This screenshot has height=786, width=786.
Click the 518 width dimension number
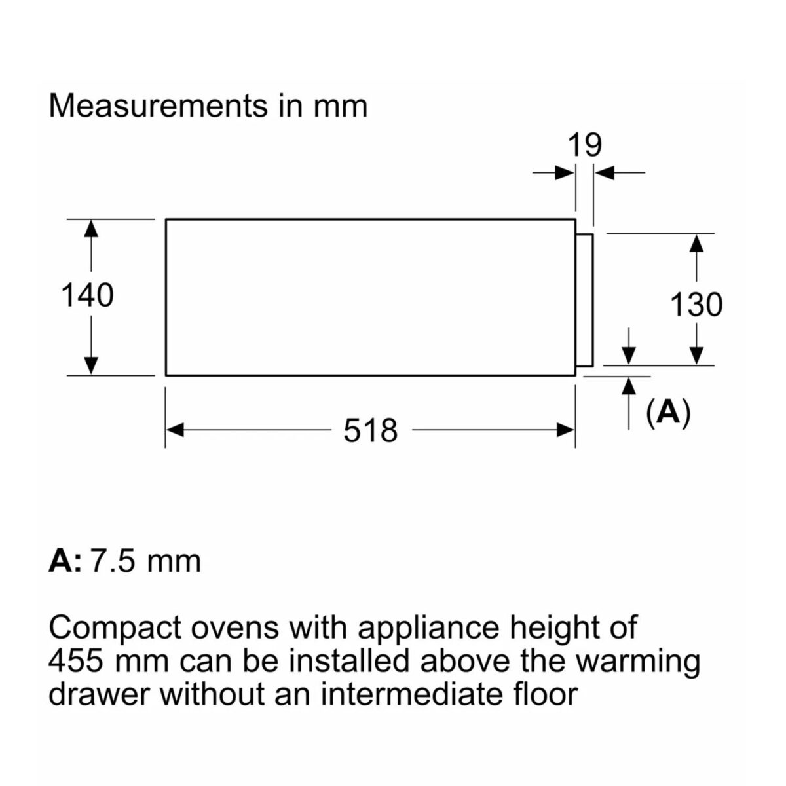coord(370,431)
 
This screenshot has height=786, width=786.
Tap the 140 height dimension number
coord(87,295)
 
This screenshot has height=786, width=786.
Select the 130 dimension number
coord(696,305)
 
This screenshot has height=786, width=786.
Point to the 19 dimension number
coord(585,145)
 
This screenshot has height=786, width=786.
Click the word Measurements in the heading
coord(159,107)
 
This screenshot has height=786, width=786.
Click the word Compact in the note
coord(115,627)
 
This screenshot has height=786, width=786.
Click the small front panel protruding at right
coord(584,300)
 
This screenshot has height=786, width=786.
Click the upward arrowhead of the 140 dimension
coord(90,229)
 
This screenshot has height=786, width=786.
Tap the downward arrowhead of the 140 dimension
coord(90,365)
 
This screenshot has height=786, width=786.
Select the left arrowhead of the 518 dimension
coord(175,430)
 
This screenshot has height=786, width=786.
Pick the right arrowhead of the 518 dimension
coord(566,430)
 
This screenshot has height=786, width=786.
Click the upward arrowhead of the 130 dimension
coord(697,243)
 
